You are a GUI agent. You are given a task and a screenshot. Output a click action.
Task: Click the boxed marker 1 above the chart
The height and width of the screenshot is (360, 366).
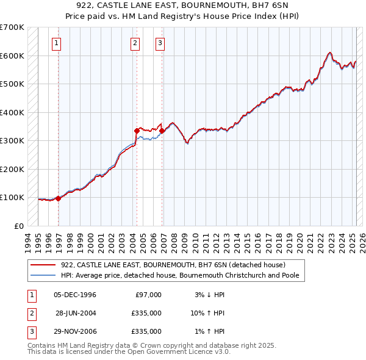click(56, 43)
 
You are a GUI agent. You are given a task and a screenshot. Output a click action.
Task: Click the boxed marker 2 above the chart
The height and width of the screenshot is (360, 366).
click(134, 43)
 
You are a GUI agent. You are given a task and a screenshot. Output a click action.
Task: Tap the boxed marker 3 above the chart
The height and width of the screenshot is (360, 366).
click(159, 43)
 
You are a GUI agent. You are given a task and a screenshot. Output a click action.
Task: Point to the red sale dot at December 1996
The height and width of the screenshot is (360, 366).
click(58, 198)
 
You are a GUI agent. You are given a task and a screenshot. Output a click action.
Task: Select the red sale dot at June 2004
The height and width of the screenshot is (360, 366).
click(137, 131)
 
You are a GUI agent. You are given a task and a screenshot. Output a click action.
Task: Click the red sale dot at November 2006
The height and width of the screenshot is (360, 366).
click(162, 131)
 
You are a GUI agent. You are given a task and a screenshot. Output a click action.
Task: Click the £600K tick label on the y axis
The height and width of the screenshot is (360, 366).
click(12, 56)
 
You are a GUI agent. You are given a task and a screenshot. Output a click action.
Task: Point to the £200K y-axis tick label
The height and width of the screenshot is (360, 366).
click(12, 169)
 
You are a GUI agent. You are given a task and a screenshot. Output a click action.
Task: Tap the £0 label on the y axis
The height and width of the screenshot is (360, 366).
click(19, 226)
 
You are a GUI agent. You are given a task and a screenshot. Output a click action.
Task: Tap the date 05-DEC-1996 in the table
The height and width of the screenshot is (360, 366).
click(75, 295)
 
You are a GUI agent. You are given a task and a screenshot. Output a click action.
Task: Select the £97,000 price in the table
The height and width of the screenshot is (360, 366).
click(148, 295)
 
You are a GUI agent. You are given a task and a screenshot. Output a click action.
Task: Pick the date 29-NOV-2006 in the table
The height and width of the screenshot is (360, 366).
click(75, 331)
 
